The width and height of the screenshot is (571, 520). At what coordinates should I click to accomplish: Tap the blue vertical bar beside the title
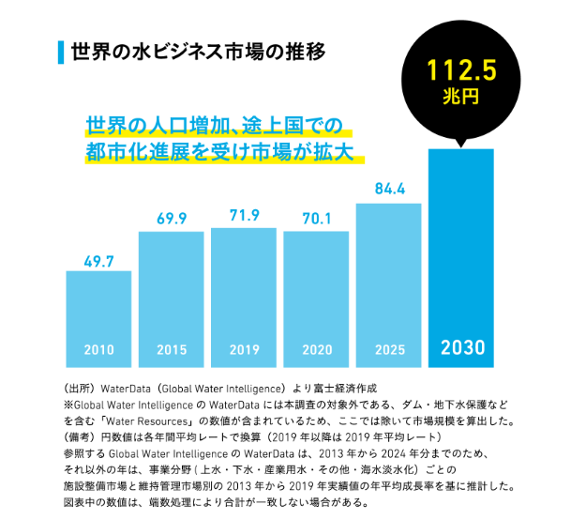coord(61,50)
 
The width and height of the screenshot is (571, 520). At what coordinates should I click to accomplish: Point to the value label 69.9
coord(172,219)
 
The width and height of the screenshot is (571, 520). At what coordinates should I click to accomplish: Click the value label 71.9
coord(244,216)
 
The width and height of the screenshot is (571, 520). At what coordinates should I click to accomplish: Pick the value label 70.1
coord(317,220)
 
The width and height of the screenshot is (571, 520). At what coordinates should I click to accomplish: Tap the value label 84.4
coord(389,189)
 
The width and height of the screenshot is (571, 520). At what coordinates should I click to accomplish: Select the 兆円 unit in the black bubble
coord(461,96)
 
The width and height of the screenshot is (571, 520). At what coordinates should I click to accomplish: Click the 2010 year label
coord(98,349)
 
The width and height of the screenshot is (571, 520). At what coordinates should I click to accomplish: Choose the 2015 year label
coord(172,349)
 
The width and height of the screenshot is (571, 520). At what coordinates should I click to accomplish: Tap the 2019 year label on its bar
coord(244,349)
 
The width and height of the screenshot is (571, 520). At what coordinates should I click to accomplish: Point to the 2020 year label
coord(317,349)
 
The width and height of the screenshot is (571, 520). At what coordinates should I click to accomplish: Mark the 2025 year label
coord(389,349)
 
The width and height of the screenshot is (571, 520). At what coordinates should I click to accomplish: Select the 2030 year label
coord(461,347)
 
